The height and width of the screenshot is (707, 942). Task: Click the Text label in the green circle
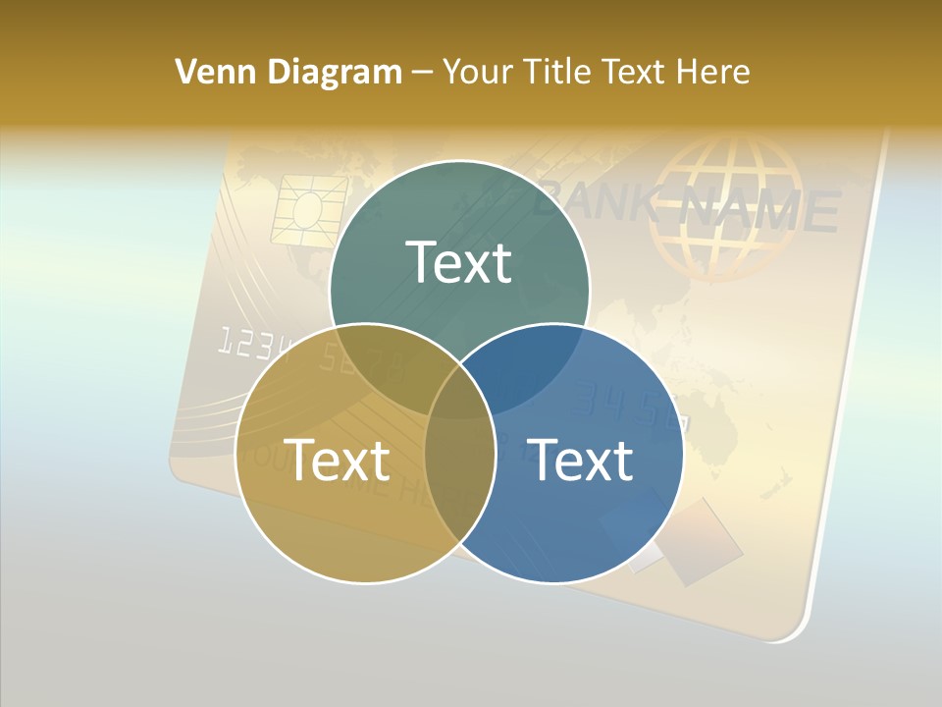458,262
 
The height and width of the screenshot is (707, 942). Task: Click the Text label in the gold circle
337,459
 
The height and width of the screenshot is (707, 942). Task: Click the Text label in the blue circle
580,459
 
